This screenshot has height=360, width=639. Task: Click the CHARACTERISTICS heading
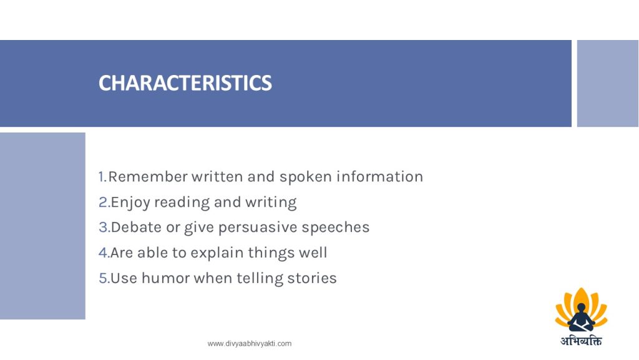(185, 83)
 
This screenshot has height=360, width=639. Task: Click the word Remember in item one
(148, 177)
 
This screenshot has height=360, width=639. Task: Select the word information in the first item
(379, 177)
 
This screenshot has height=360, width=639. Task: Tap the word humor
(165, 278)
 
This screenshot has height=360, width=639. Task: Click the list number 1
(102, 177)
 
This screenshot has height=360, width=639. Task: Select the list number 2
(104, 202)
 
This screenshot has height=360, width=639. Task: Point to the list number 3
(104, 227)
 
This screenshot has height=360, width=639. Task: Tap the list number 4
(104, 252)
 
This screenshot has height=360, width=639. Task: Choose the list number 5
(104, 278)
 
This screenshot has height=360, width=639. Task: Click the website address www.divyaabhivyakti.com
(250, 344)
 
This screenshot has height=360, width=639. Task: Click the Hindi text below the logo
(581, 341)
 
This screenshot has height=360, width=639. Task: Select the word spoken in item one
(306, 177)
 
